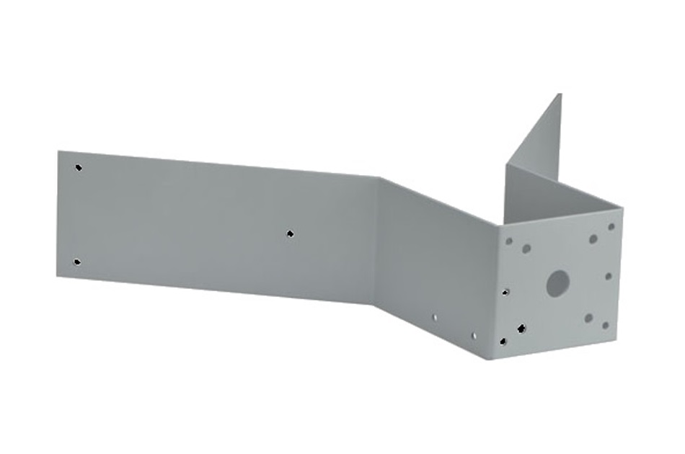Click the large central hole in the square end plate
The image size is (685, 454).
pos(557,282)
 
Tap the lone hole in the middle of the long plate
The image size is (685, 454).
pos(290,233)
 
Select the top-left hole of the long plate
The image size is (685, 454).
pos(79,168)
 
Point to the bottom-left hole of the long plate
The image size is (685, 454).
pos(77,262)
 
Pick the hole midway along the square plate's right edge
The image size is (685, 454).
pos(609,275)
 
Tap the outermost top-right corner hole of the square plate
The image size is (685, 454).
pos(611,226)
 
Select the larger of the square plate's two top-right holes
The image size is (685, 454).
pos(593,239)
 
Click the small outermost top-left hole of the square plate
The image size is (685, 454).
pos(510,241)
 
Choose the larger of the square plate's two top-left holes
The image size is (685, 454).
pos(526,249)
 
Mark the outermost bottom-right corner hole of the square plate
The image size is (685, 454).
pos(605,326)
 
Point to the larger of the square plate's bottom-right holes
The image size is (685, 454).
pos(588,317)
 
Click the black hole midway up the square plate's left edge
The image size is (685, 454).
pos(506,292)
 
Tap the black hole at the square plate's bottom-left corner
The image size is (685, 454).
pos(503,342)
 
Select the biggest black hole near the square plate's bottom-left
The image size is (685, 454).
pos(521,329)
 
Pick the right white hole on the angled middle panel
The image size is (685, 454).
pos(473,335)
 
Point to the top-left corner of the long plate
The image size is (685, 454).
pos(58,151)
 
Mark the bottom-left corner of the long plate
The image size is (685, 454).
pos(58,275)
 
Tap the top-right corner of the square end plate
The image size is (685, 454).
pos(623,210)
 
